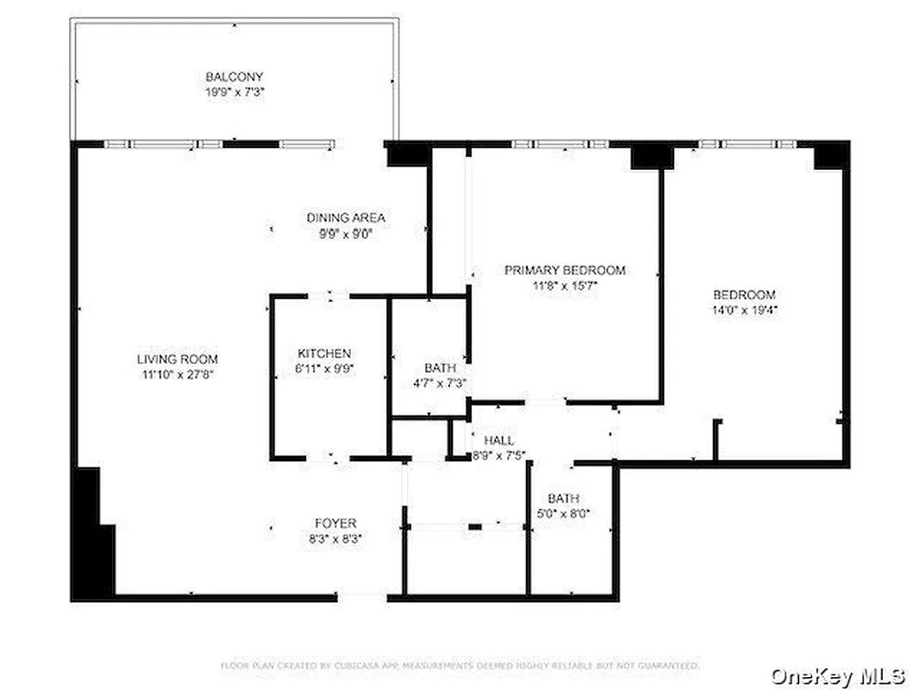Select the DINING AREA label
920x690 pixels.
346,217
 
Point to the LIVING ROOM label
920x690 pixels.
177,359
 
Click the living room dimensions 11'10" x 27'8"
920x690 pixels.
177,374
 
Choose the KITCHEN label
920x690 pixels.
324,354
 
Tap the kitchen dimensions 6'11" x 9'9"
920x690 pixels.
324,368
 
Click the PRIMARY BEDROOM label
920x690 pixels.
564,270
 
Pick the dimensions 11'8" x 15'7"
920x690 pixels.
564,285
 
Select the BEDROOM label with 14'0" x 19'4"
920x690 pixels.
743,294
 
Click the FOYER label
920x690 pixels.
335,523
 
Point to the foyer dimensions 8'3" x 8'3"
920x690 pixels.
335,537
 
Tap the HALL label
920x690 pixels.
499,441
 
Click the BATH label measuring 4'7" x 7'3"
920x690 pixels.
440,368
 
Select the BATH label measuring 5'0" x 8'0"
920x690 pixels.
563,499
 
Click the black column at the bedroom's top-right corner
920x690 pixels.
831,155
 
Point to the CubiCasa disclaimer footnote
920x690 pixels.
460,666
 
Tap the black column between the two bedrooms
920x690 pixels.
652,156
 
